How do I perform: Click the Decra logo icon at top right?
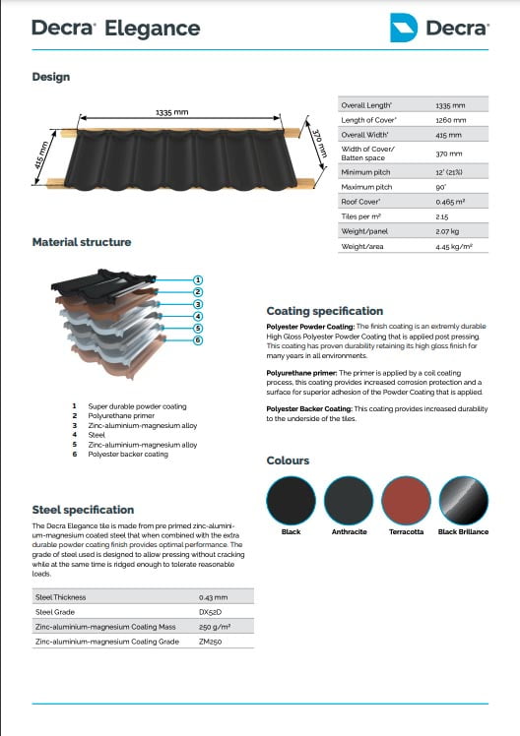[403, 27]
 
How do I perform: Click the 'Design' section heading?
[51, 77]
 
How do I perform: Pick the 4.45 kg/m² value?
[453, 246]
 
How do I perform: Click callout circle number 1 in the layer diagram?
[197, 279]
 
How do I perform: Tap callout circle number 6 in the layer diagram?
[197, 340]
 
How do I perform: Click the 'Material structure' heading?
[82, 242]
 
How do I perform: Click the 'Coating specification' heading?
[325, 310]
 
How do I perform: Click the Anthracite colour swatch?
[349, 499]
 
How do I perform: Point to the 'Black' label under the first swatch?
[291, 531]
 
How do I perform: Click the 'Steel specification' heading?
[83, 510]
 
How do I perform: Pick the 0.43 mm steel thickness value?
[214, 596]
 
